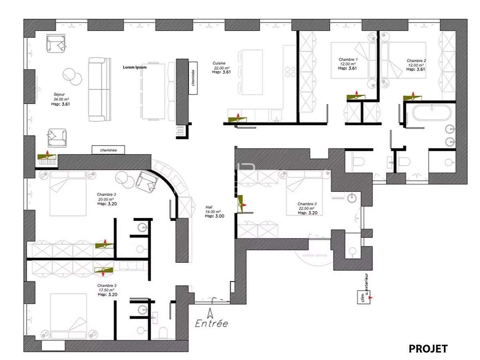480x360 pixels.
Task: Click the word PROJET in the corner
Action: click(428, 349)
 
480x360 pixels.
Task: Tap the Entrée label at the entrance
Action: click(212, 323)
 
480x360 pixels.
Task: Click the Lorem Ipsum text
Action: click(134, 68)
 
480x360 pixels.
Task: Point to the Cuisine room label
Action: click(219, 63)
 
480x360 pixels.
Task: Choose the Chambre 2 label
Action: click(416, 61)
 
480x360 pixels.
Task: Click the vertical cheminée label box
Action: click(193, 78)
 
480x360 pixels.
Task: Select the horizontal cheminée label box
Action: click(108, 150)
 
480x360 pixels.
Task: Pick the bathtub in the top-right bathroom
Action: click(432, 112)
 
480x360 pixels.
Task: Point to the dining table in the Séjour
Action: click(153, 91)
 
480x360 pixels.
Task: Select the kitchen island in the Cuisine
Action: click(252, 72)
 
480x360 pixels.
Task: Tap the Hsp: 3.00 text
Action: click(214, 216)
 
